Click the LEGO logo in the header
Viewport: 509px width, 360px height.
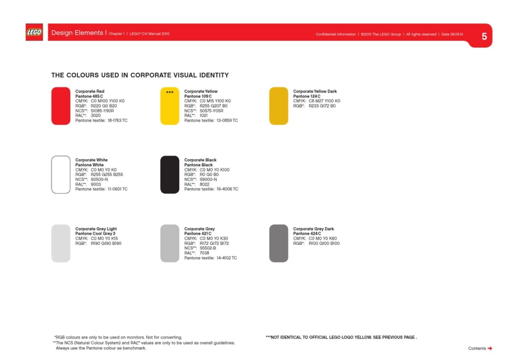(34, 33)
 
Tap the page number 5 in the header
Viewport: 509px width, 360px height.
(484, 36)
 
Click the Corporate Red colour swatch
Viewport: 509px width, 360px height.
(61, 106)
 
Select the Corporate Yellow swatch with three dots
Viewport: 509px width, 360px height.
(170, 106)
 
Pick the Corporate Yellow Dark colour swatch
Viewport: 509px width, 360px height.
(279, 106)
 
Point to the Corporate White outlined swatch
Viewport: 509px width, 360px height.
(61, 175)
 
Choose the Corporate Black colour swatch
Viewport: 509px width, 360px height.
(170, 175)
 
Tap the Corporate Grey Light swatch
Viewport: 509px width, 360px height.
(61, 243)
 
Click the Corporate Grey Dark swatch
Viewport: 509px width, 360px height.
(279, 243)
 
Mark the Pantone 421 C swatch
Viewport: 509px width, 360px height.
(170, 243)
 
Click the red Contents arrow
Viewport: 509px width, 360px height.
(490, 348)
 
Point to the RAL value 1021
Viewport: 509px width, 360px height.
(204, 115)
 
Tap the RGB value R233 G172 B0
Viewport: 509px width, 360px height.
(322, 106)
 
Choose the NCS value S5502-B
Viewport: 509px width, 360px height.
(208, 248)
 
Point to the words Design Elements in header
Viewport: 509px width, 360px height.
(77, 33)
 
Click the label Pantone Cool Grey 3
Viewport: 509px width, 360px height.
(95, 234)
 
